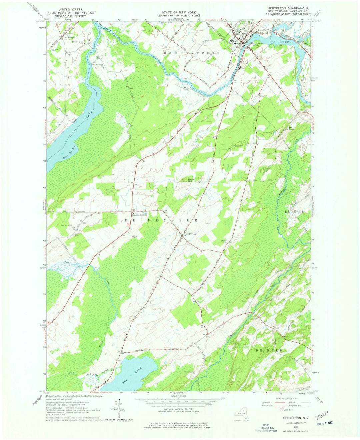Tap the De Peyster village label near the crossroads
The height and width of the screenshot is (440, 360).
click(191, 234)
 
